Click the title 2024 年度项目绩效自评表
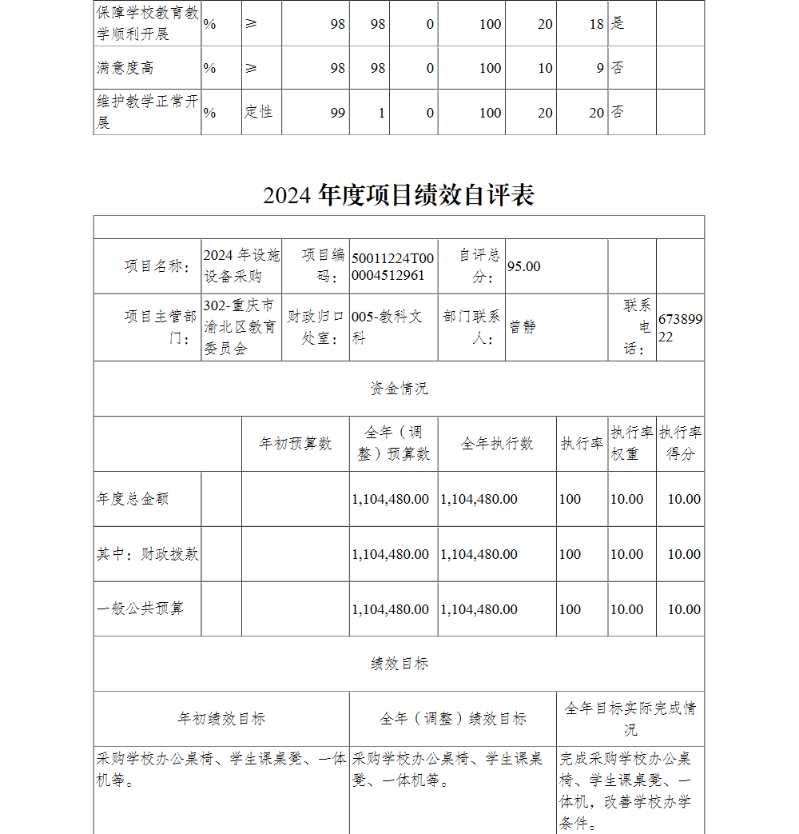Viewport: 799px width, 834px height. point(399,195)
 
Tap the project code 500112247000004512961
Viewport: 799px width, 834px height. point(392,266)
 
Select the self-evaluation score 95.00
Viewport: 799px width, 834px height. point(524,266)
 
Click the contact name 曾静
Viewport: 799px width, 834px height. point(523,327)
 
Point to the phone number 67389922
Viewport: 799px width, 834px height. point(680,327)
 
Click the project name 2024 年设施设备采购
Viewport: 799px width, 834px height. point(241,265)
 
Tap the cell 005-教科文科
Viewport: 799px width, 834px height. point(388,327)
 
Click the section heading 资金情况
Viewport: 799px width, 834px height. point(399,389)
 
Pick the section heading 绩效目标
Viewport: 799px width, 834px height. point(399,664)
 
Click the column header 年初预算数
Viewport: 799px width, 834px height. point(295,444)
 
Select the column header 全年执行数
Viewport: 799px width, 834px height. point(496,444)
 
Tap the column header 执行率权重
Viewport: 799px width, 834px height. point(631,443)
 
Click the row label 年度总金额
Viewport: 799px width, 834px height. point(133,499)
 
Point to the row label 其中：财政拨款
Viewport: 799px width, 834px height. point(148,553)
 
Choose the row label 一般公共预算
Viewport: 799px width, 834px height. point(140,609)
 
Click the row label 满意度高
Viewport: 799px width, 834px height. point(125,68)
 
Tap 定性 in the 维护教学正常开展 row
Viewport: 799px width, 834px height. point(259,112)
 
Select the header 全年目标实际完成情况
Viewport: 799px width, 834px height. point(630,719)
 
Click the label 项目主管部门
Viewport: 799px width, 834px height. point(160,327)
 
